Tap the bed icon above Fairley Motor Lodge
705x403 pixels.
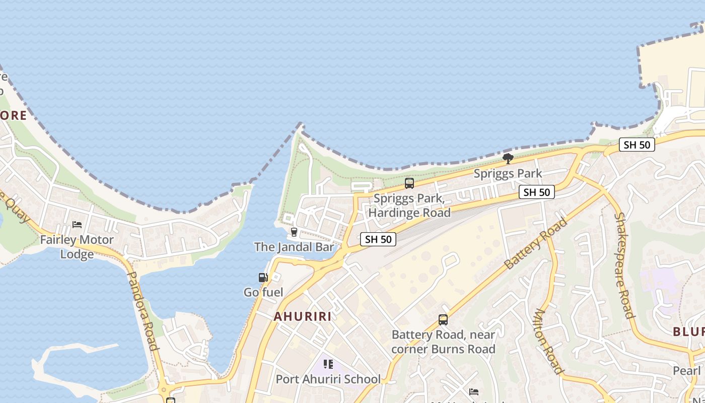point(77,224)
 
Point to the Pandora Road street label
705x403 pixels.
point(143,310)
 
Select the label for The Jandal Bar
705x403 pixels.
point(294,247)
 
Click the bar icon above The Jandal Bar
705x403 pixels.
point(294,232)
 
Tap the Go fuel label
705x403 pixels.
point(263,292)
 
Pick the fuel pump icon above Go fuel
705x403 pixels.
point(262,277)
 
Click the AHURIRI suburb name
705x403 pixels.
point(303,316)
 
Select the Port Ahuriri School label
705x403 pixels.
point(328,379)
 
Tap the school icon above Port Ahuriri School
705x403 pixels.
point(328,364)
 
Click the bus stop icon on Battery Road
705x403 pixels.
point(443,320)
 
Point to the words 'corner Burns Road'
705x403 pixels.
point(443,349)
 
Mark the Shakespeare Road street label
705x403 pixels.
point(623,265)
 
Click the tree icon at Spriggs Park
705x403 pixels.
point(508,159)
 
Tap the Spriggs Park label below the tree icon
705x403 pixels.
point(508,174)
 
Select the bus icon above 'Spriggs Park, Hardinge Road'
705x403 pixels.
point(409,183)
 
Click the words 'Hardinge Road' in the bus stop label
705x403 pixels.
point(409,213)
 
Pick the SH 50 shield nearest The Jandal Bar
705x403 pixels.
point(378,239)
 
